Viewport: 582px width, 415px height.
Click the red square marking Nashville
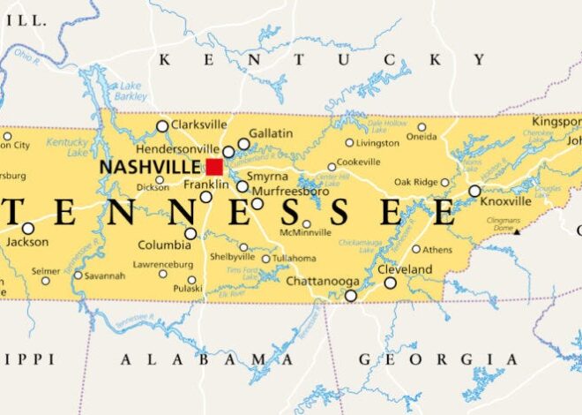coord(214,166)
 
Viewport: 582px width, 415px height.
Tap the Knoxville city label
coord(507,201)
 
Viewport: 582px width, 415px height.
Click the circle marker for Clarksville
coord(162,126)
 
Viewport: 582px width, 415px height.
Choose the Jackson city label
coord(26,241)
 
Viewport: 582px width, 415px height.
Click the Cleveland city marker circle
coord(391,283)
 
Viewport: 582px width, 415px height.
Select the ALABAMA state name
coord(195,358)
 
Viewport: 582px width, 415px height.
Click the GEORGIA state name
coord(437,358)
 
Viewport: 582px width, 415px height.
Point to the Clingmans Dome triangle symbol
coord(518,231)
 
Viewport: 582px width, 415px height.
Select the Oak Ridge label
coord(416,182)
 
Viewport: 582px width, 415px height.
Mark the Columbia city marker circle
coord(190,234)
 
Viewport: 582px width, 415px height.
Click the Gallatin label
coord(271,132)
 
